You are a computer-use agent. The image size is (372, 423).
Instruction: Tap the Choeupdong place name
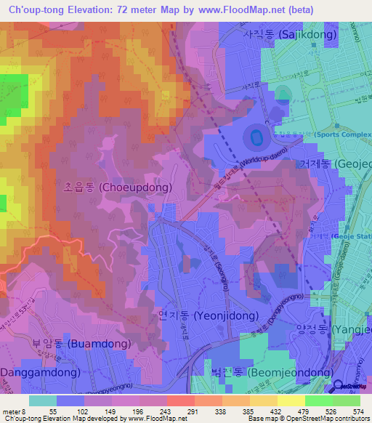click(116, 187)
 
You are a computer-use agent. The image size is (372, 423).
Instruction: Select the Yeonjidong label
click(208, 316)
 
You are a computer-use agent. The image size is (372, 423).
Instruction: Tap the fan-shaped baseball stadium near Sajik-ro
click(283, 94)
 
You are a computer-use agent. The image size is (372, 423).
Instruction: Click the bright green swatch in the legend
click(320, 400)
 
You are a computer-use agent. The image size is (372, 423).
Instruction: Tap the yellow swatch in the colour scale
click(291, 400)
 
